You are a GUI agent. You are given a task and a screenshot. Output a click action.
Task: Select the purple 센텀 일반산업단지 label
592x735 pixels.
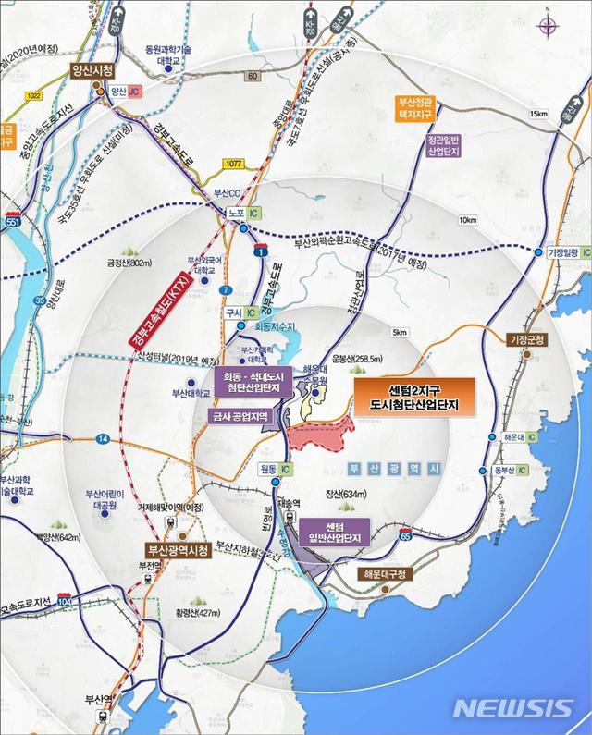pyautogui.click(x=334, y=534)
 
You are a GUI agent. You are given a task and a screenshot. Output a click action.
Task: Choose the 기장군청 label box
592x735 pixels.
pyautogui.click(x=528, y=340)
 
